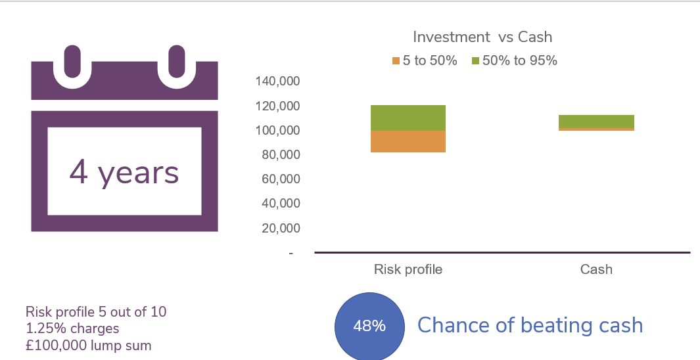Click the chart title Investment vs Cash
pos(482,37)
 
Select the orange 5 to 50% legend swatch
pos(396,60)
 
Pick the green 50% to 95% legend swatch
pos(475,60)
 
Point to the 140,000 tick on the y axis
pos(277,81)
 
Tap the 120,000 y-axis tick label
pos(277,106)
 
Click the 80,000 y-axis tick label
pos(281,155)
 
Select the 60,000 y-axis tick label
pos(281,179)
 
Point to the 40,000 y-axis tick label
pos(281,204)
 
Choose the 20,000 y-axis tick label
pos(281,228)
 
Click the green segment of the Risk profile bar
pos(408,118)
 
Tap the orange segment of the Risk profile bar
pos(408,141)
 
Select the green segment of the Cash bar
pos(596,122)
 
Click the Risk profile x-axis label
pos(408,269)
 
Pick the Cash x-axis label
pos(596,269)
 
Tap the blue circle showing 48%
pos(369,326)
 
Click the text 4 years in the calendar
pos(124,173)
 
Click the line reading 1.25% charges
pos(72,328)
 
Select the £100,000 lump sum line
pos(88,346)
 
